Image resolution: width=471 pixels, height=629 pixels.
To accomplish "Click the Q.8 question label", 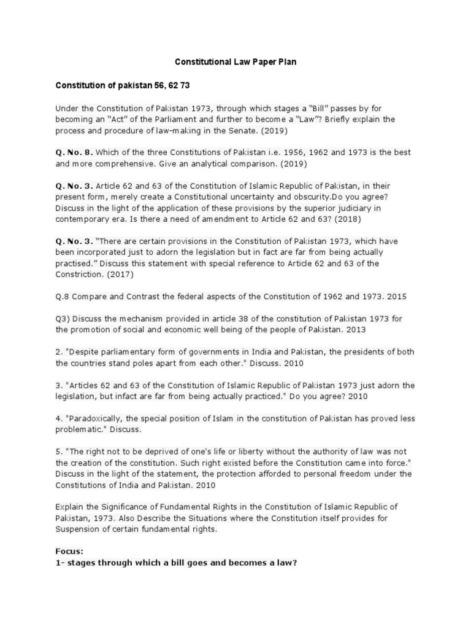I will [62, 297].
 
